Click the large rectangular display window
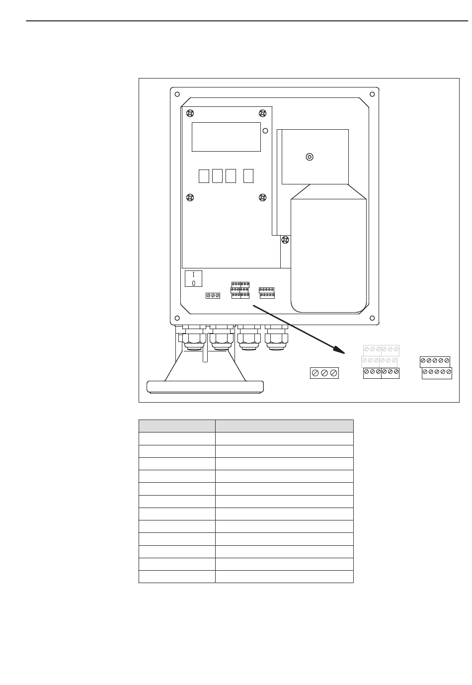(226, 137)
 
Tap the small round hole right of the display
(265, 131)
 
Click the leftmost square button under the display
(204, 176)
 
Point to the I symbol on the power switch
(193, 274)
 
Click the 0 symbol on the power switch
(193, 283)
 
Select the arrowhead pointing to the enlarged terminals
(339, 349)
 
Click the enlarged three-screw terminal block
(324, 373)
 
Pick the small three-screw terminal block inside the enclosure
(213, 296)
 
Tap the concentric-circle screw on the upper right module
(310, 157)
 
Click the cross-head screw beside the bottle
(285, 240)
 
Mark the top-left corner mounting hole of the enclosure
(177, 94)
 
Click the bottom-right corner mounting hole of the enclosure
(372, 318)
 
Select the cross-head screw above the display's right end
(263, 113)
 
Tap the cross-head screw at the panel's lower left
(190, 197)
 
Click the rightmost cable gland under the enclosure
(276, 338)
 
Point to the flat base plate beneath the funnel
(205, 387)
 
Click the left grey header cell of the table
(177, 426)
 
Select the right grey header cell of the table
(284, 426)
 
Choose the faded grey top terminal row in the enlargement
(381, 350)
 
